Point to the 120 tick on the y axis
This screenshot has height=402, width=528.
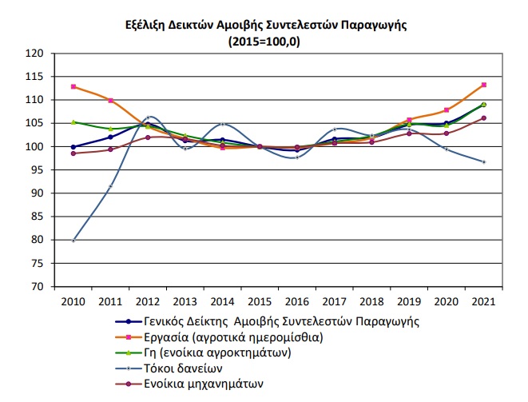(x=34, y=54)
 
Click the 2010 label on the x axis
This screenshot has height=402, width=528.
(x=73, y=301)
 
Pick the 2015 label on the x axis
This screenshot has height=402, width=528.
(x=258, y=301)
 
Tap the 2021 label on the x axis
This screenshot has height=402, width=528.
(x=483, y=301)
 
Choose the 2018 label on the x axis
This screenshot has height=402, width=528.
(x=372, y=301)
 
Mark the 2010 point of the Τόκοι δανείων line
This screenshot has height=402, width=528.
(x=73, y=240)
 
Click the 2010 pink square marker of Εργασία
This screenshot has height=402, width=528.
(x=73, y=86)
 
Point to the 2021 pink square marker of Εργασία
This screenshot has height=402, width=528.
(x=483, y=85)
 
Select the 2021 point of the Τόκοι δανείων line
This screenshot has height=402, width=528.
(x=483, y=161)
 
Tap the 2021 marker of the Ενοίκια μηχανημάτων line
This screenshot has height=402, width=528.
(x=483, y=118)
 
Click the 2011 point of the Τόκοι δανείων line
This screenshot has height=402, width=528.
(x=110, y=186)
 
